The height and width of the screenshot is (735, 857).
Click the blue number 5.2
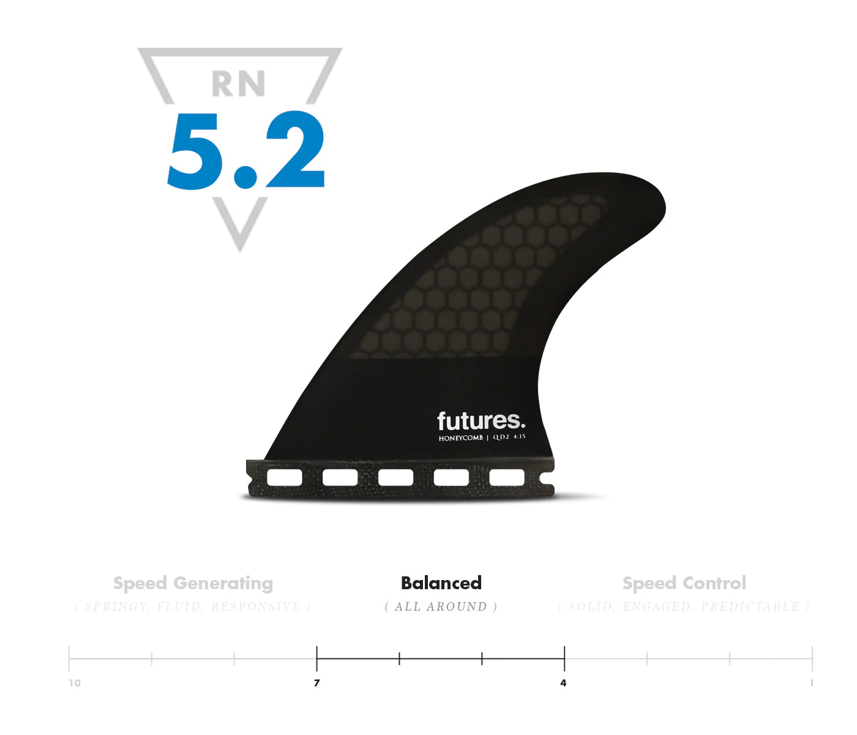point(245,150)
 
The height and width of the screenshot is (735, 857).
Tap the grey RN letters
point(238,84)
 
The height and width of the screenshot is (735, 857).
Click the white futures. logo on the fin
point(481,421)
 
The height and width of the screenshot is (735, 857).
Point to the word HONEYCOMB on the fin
point(460,438)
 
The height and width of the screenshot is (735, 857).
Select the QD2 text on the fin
point(501,437)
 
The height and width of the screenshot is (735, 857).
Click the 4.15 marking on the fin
point(519,437)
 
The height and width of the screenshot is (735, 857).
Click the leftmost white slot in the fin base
point(285,477)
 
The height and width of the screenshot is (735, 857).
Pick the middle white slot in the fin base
point(395,477)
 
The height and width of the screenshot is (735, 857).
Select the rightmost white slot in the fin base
point(507,477)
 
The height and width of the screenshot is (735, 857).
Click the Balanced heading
point(441,583)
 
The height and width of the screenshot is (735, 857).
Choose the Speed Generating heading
point(193,583)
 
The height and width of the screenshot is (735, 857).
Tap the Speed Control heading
point(684,583)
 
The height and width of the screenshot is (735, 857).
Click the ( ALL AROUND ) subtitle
point(441,607)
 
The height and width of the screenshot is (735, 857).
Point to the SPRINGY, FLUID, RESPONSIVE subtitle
point(193,607)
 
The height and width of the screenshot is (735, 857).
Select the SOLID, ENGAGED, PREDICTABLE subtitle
point(684,607)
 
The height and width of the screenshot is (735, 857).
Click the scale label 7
point(316,683)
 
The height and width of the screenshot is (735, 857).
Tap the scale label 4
point(563,683)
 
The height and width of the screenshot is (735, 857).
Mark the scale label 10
point(75,683)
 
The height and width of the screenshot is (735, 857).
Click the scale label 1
point(811,683)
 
